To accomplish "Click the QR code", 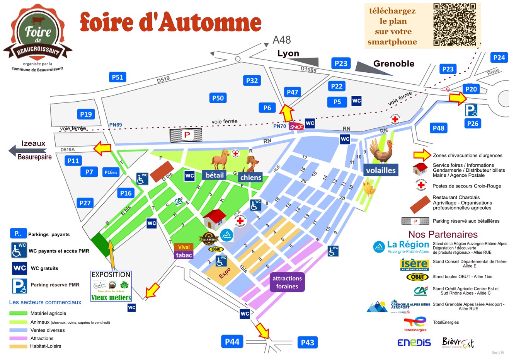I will (454, 25).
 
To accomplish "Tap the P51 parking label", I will (117, 77).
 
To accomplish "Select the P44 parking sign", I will (232, 342).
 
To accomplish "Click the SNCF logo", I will (296, 126).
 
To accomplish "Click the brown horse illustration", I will (221, 159).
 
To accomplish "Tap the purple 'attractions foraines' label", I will (287, 282).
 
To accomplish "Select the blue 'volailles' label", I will (381, 171).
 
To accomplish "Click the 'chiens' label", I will (250, 177).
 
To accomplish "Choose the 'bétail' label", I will (214, 175).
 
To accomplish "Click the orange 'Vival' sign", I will (184, 247).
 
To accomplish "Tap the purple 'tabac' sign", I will (184, 255).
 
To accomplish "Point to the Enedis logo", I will (414, 343).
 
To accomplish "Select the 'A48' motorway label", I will (281, 40).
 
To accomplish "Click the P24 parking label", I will (499, 58).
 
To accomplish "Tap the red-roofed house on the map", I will (214, 220).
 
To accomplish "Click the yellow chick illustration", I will (369, 189).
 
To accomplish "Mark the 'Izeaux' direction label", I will (33, 143).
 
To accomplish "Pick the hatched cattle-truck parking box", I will (186, 135).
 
